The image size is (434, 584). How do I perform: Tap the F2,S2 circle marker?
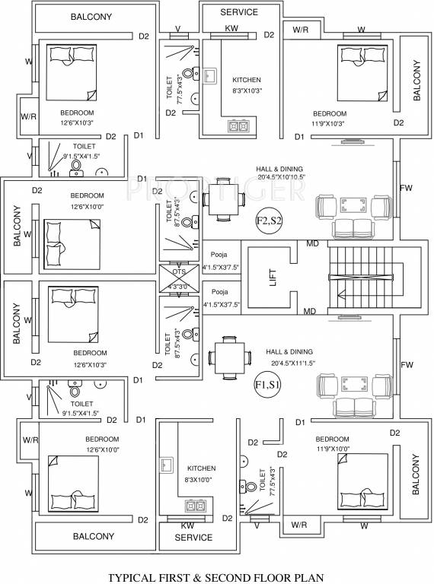(270, 221)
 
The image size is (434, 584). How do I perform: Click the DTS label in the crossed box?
(179, 271)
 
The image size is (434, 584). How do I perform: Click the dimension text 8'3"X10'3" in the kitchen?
(246, 90)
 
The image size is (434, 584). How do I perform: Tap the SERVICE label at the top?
(239, 13)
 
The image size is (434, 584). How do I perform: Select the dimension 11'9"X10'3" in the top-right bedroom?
(329, 123)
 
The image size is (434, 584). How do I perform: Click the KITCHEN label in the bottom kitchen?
(201, 468)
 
